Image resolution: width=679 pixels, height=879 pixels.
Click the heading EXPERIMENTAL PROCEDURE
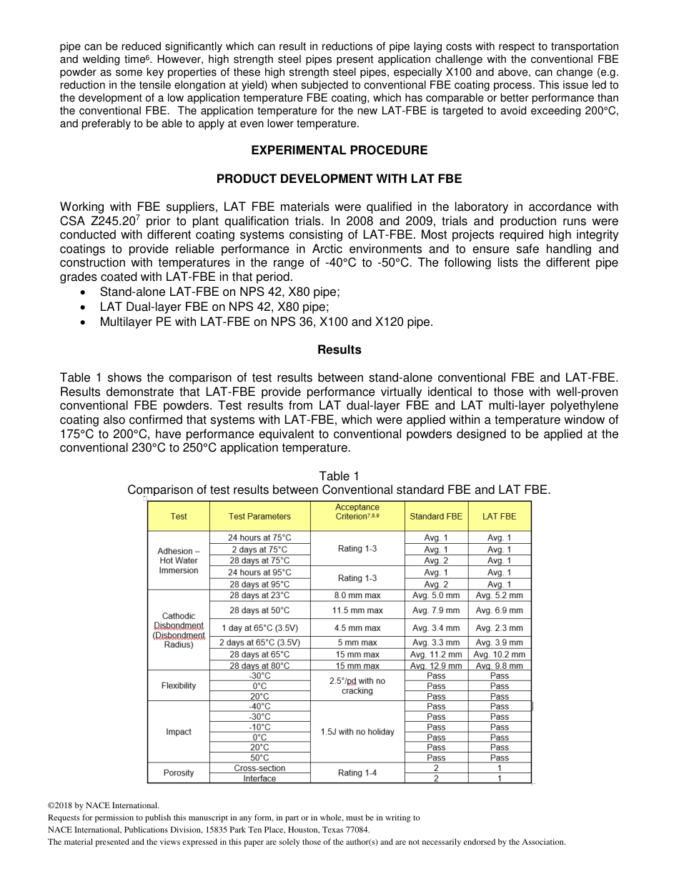339,150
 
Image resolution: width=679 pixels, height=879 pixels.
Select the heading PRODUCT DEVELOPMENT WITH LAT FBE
339,179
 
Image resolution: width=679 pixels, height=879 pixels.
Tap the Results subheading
339,349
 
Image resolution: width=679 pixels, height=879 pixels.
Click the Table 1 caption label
339,476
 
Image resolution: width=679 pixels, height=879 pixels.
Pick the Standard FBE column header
436,516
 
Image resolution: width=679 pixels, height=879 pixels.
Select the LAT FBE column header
500,516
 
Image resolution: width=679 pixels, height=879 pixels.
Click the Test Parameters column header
259,516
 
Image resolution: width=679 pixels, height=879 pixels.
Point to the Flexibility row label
179,685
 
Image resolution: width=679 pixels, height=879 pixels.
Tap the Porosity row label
179,773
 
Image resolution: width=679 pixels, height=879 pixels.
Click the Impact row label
179,731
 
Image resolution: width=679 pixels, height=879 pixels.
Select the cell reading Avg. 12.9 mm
436,665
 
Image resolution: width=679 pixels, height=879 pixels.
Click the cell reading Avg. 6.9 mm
500,610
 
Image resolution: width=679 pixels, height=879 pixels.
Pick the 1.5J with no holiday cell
357,731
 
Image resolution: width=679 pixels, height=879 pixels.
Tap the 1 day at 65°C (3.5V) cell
259,627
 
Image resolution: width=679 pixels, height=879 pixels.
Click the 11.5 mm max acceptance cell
357,610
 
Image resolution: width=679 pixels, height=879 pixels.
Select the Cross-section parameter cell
259,768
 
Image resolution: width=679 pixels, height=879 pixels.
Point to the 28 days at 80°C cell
259,665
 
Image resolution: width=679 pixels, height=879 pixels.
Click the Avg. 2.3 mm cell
500,627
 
